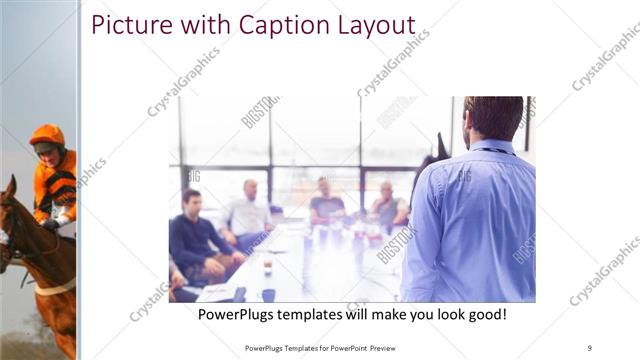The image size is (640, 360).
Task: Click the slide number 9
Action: click(x=590, y=348)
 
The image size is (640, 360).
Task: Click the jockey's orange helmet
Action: click(x=46, y=135)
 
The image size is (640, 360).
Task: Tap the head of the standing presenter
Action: click(x=493, y=117)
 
